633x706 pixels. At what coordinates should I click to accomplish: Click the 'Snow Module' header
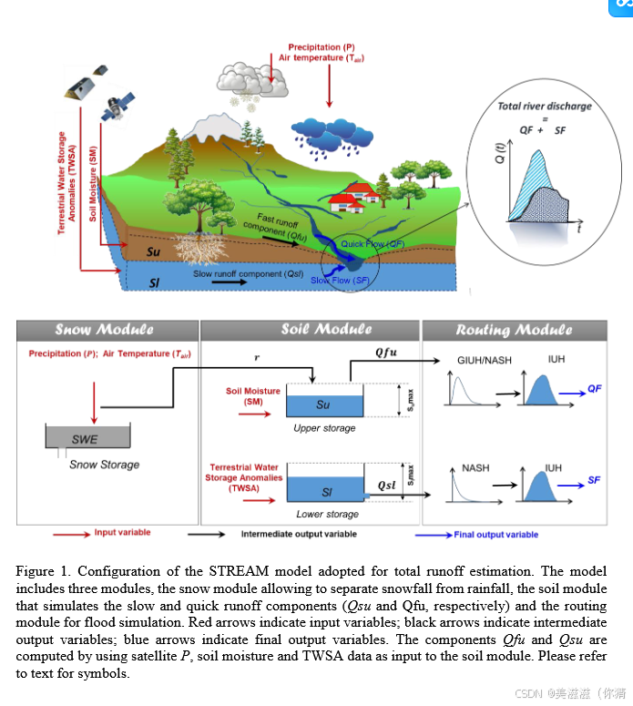point(104,330)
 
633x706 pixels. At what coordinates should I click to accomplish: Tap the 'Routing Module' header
point(515,330)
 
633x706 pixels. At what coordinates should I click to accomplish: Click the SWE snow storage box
point(85,438)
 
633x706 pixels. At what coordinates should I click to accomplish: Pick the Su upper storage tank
point(324,403)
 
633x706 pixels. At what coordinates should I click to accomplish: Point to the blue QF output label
point(595,388)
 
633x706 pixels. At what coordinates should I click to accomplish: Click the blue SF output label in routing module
point(594,479)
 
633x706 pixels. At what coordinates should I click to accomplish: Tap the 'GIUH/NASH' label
point(484,360)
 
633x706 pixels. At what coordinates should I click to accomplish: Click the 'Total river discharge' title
point(544,106)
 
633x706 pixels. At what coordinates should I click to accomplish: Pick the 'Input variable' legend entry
point(122,533)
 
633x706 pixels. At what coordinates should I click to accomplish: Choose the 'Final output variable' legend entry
point(495,535)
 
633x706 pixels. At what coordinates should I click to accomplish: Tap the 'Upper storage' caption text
point(324,427)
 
